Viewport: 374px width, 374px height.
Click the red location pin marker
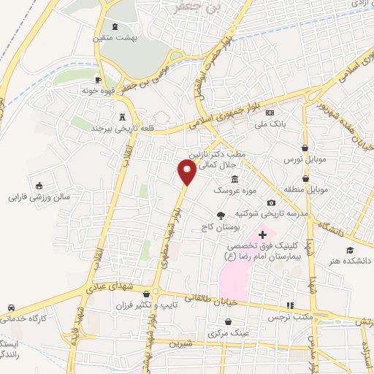188,172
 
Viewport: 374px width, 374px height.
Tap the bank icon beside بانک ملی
270,112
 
